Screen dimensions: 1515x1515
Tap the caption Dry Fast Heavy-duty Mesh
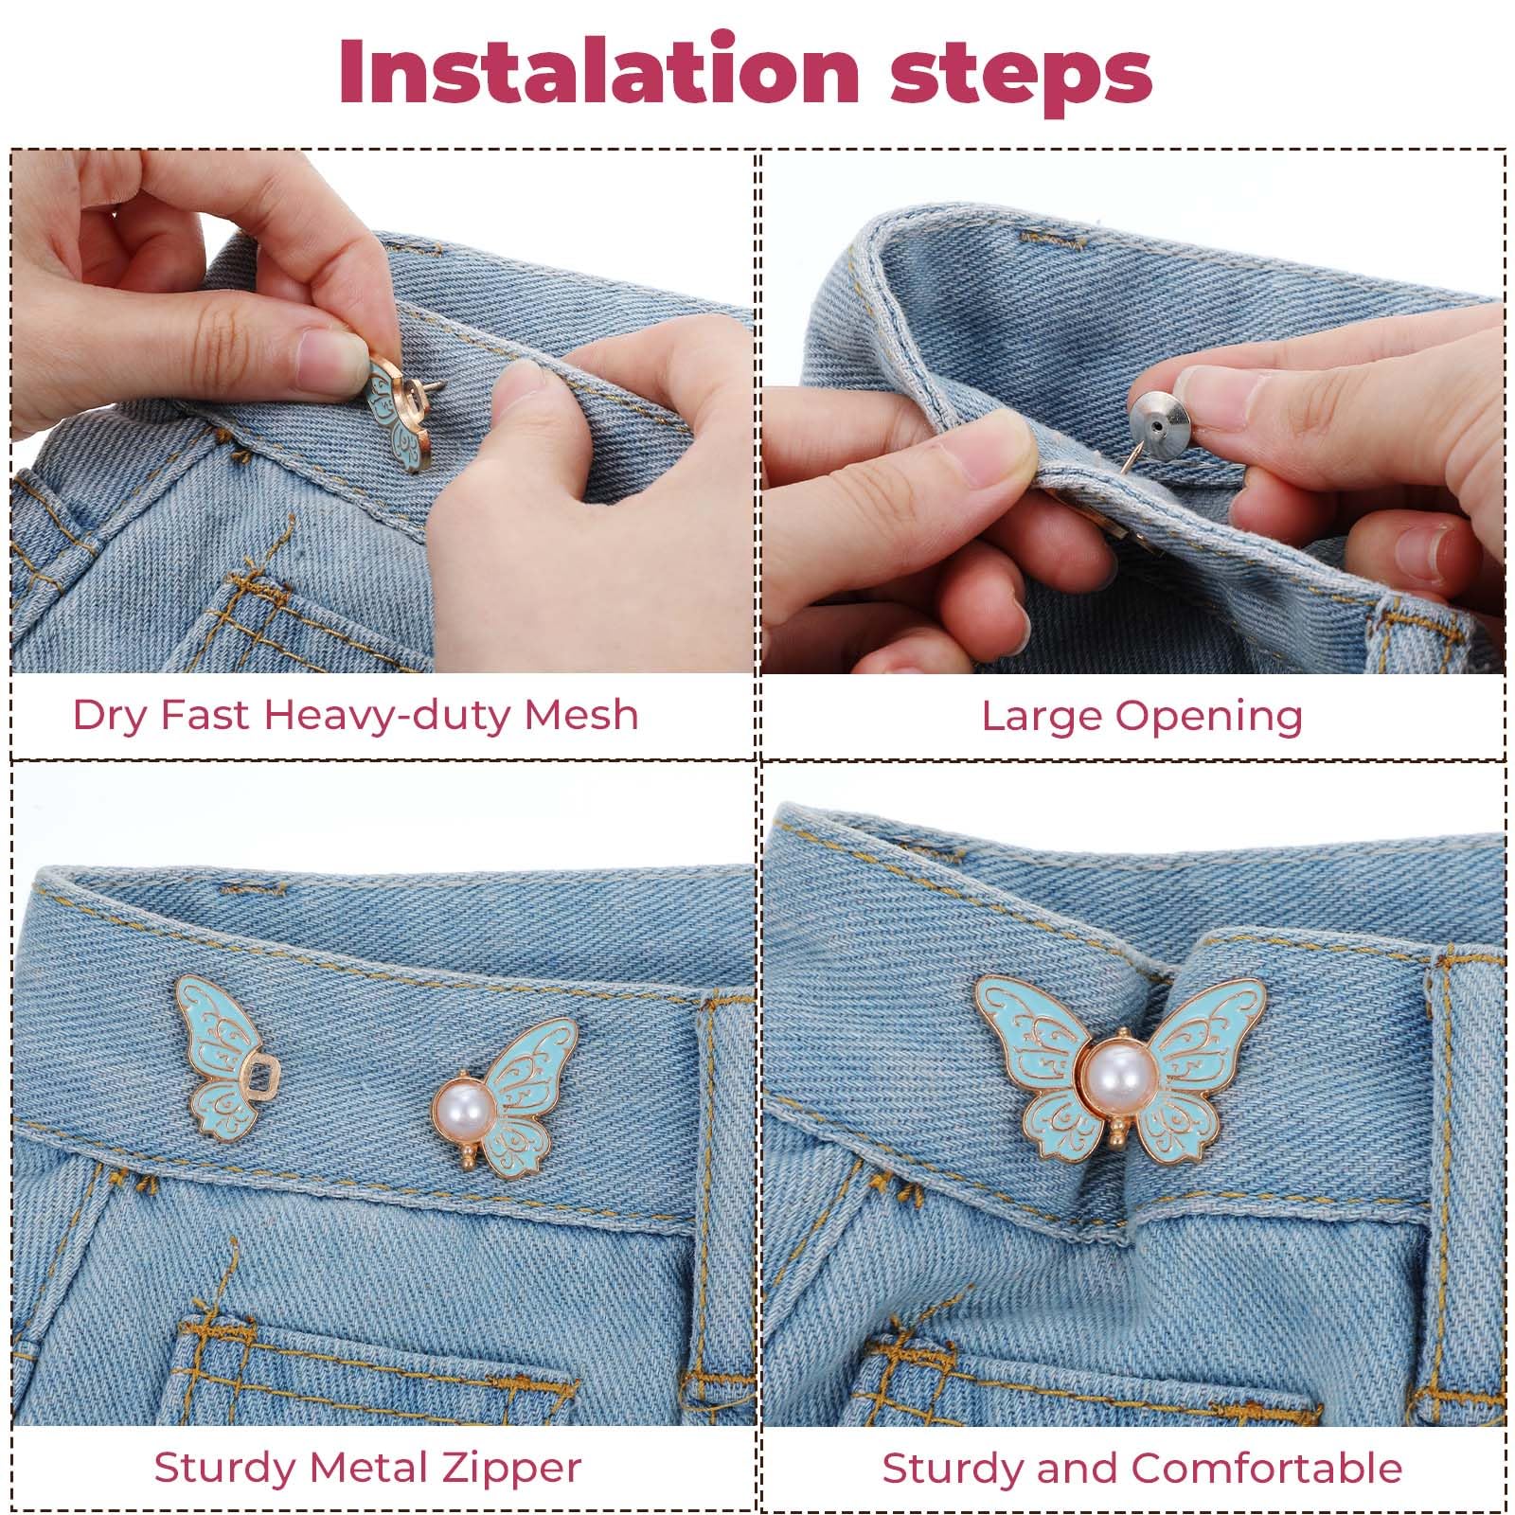tap(355, 715)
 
